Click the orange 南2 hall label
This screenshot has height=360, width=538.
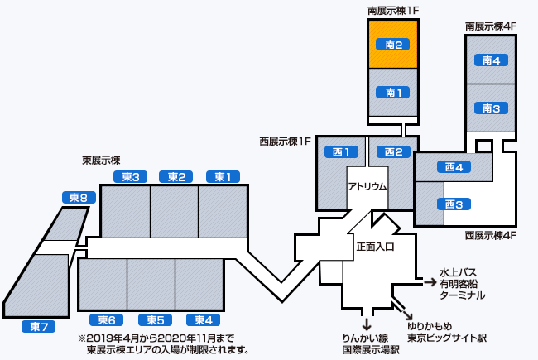coord(393,45)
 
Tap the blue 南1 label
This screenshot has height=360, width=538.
coord(393,93)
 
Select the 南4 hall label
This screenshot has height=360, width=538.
coord(491,60)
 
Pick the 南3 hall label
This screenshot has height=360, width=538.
coord(491,108)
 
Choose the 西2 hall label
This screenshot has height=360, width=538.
coord(393,151)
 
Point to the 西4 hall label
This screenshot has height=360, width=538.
coord(453,167)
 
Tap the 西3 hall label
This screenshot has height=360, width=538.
coord(453,204)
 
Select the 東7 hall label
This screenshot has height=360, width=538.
coord(38,326)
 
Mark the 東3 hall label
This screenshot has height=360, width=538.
coord(129,176)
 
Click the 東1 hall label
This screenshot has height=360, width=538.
coord(223,176)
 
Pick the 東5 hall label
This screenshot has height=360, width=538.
coord(156,320)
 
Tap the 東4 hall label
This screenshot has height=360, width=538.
coord(203,320)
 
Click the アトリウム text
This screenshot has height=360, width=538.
coord(367,186)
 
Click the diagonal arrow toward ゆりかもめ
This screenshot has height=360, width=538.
coord(407,314)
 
